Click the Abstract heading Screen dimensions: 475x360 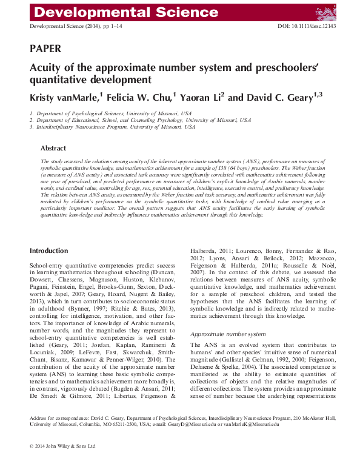coord(53,148)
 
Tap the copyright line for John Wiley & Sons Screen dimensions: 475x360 coord(63,463)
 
